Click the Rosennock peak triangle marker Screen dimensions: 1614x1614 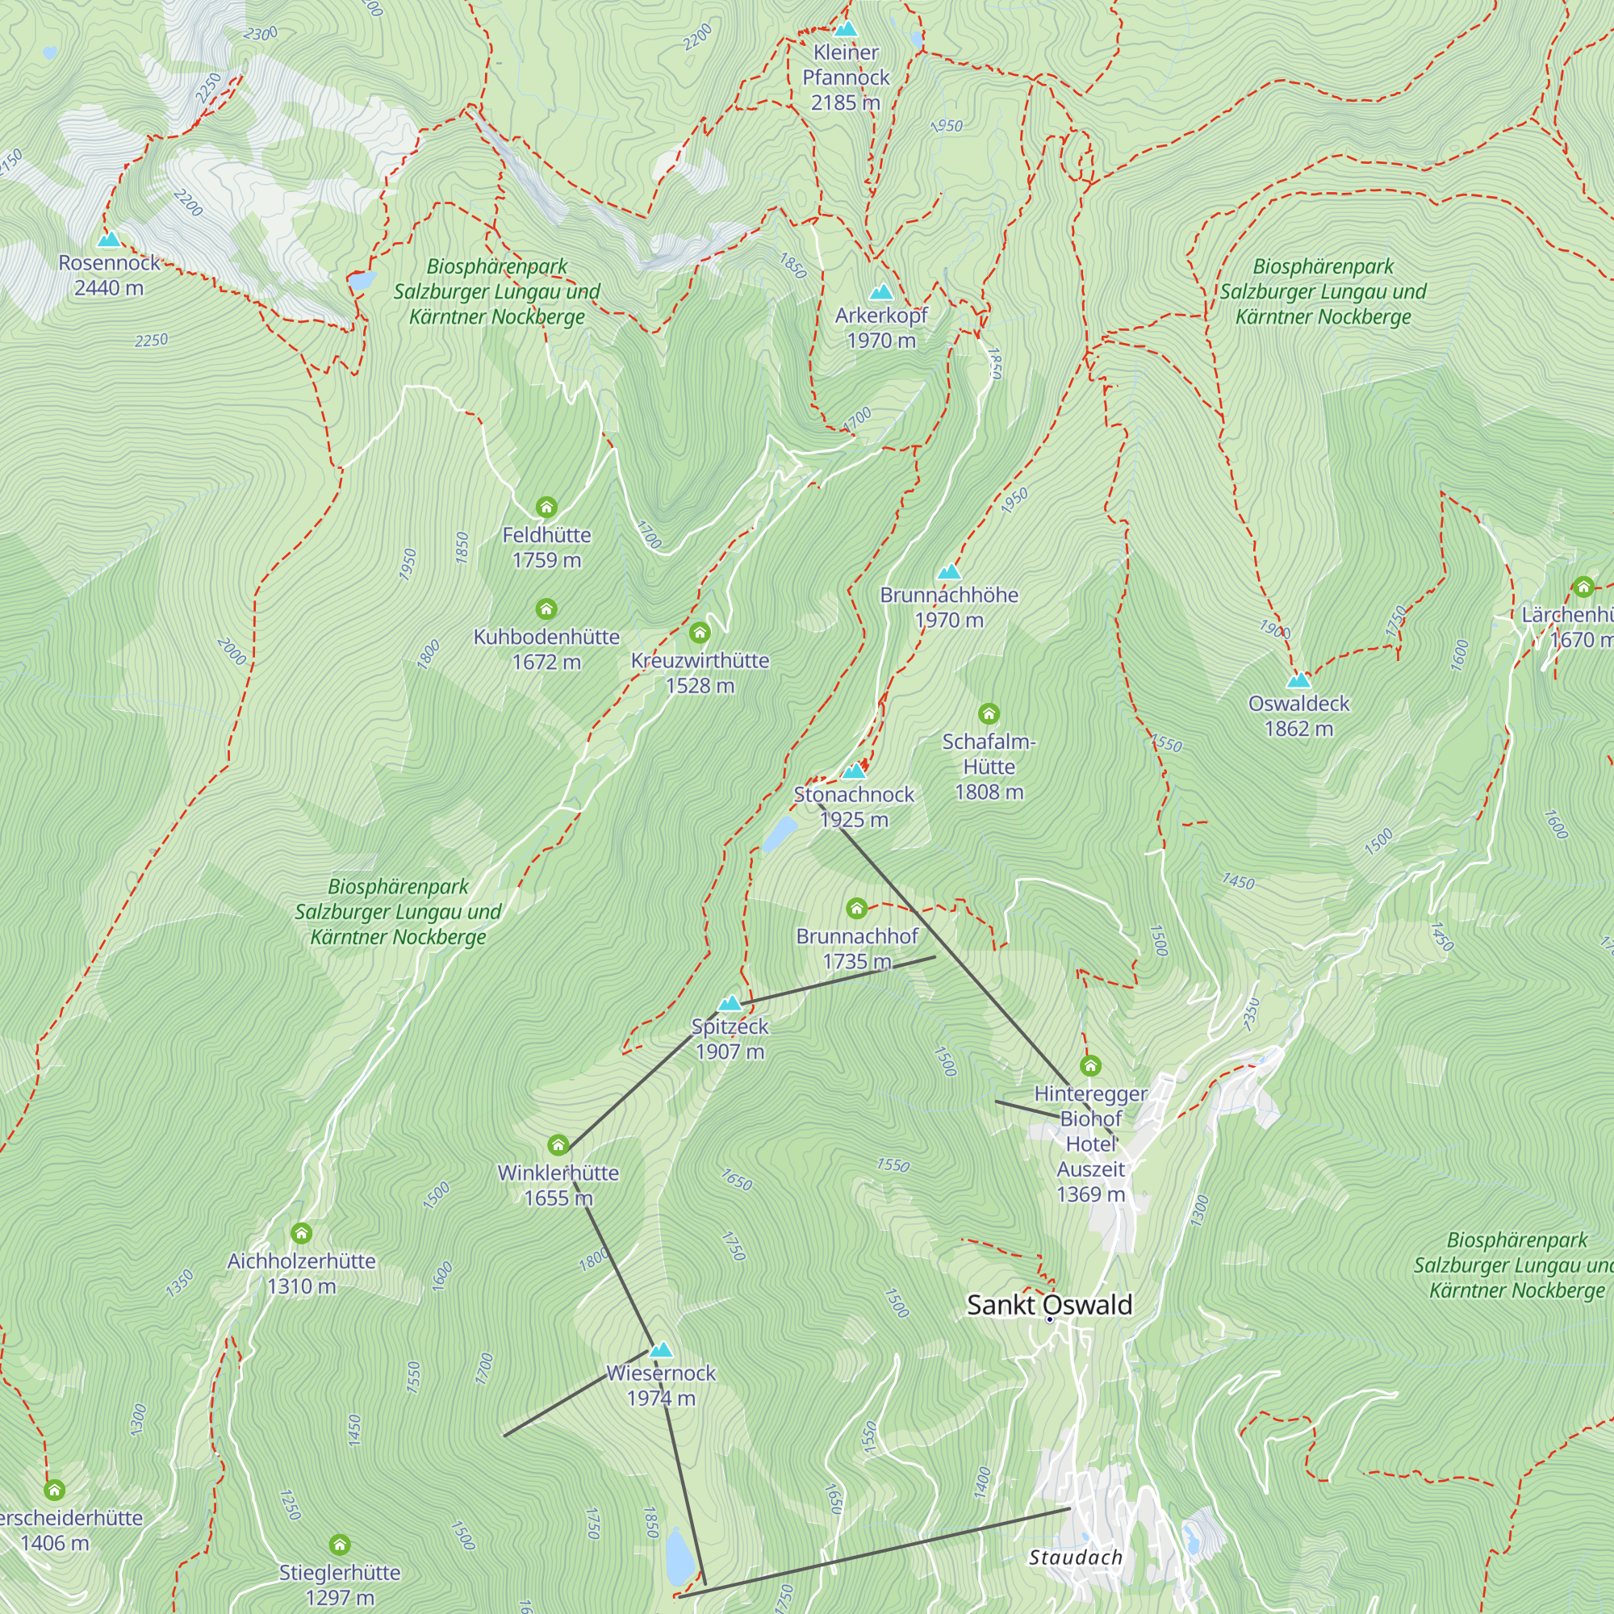click(109, 240)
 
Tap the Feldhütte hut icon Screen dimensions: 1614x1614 click(546, 507)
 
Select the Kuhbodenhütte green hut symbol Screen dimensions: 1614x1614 click(546, 608)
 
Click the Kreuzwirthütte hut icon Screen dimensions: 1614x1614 click(700, 633)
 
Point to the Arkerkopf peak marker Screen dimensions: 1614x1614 click(881, 292)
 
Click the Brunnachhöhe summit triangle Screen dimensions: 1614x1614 click(949, 572)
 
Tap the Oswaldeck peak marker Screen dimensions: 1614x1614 click(1298, 680)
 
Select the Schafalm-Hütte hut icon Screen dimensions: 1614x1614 click(989, 713)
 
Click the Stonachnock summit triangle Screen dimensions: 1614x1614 click(853, 771)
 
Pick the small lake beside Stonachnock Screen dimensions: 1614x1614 click(780, 833)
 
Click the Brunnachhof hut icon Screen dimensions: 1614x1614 click(856, 908)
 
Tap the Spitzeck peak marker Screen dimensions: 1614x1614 click(730, 1003)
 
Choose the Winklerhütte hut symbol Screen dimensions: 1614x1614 click(558, 1144)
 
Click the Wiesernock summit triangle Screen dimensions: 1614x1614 click(661, 1350)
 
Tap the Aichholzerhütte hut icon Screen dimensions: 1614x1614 click(302, 1233)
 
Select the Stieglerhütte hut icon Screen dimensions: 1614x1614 click(339, 1545)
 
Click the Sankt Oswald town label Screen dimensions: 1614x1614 click(1049, 1305)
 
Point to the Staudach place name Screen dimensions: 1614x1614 click(1075, 1558)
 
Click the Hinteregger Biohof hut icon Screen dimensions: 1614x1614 click(1090, 1066)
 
